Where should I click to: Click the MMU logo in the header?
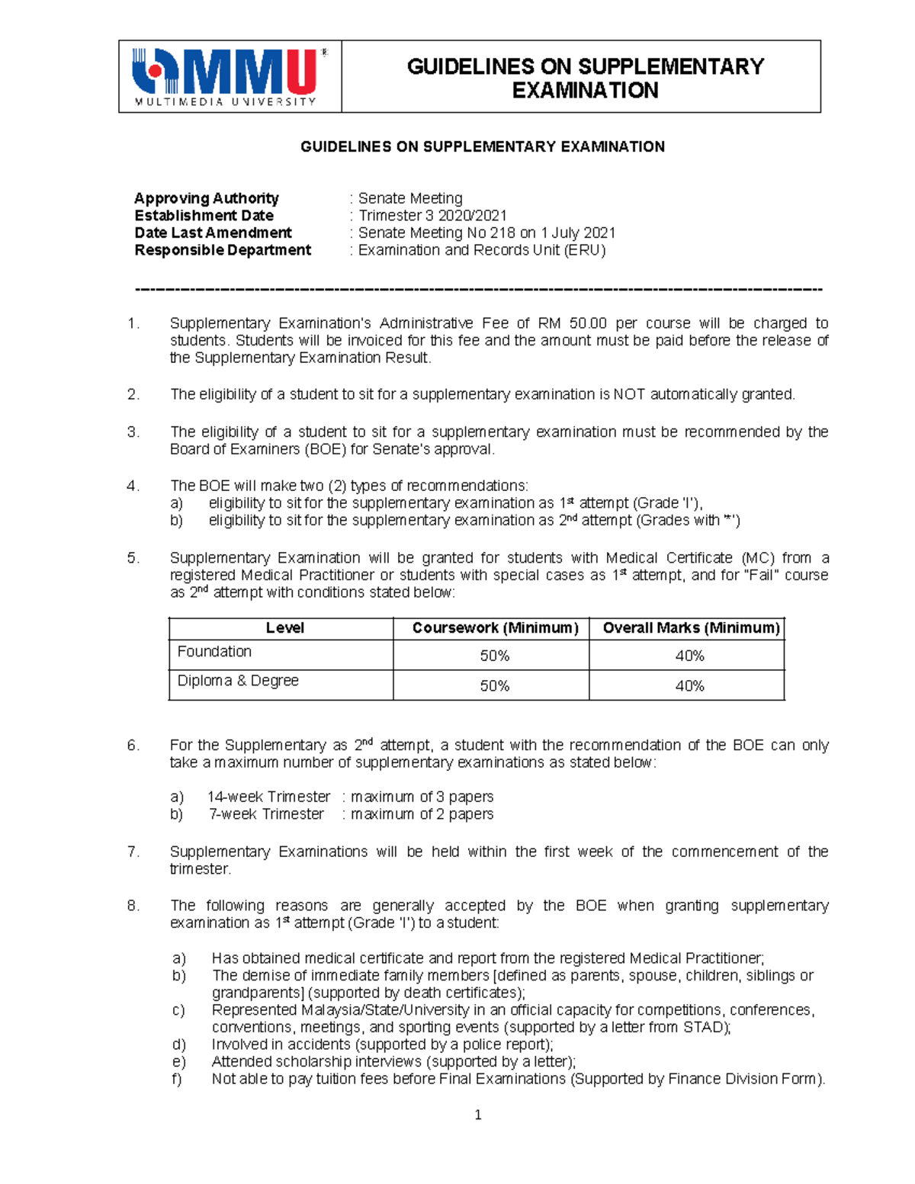pyautogui.click(x=229, y=76)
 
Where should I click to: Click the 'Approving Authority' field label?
pyautogui.click(x=206, y=198)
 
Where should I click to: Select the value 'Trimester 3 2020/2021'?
pyautogui.click(x=432, y=216)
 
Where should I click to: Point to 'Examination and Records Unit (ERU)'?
pyautogui.click(x=482, y=250)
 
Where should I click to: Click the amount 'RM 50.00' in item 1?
pyautogui.click(x=573, y=323)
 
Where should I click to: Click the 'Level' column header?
pyautogui.click(x=284, y=628)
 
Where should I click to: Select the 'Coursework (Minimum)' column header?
pyautogui.click(x=495, y=628)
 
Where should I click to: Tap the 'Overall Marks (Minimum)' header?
pyautogui.click(x=691, y=628)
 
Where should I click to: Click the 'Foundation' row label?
pyautogui.click(x=214, y=652)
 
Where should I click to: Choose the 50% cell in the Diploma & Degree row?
pyautogui.click(x=494, y=686)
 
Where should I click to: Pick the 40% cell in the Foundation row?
pyautogui.click(x=689, y=656)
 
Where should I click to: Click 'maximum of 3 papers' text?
pyautogui.click(x=422, y=797)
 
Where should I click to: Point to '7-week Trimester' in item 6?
pyautogui.click(x=266, y=814)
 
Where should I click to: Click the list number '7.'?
pyautogui.click(x=133, y=852)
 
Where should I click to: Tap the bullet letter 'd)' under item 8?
pyautogui.click(x=178, y=1044)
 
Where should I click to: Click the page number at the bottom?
pyautogui.click(x=478, y=1115)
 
